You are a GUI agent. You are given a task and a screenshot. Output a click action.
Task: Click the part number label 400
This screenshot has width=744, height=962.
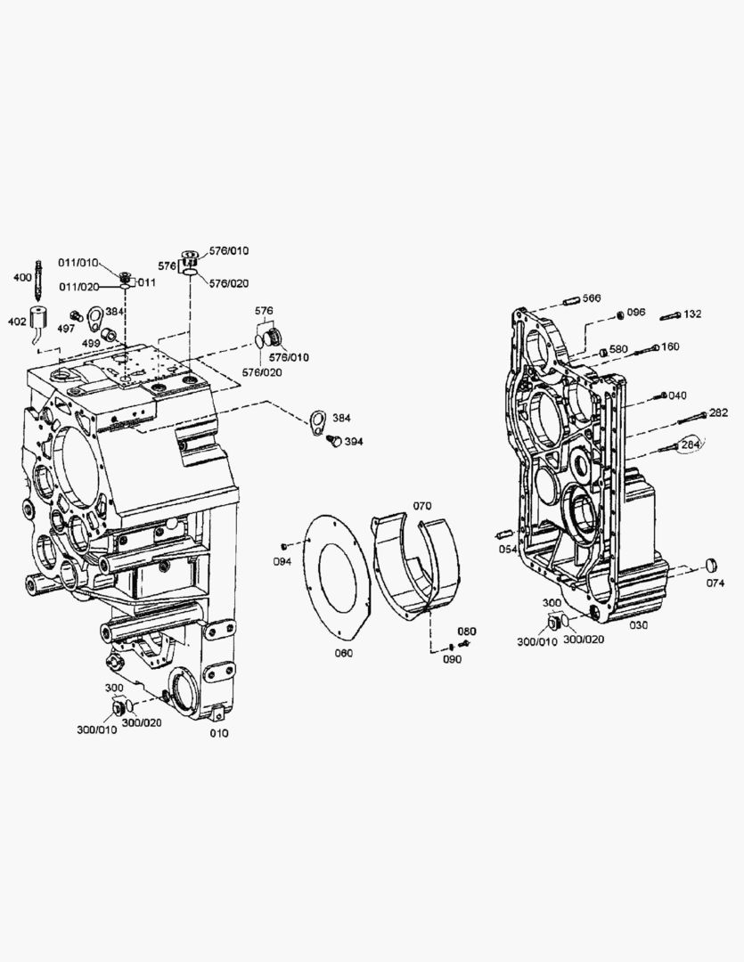[20, 278]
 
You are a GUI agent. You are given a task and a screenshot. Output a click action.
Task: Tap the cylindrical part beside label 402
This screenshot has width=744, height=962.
[39, 317]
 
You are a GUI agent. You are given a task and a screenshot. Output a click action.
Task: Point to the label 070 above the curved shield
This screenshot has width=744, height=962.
[421, 506]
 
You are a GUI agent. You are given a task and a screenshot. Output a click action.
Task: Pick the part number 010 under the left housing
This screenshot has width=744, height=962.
[218, 733]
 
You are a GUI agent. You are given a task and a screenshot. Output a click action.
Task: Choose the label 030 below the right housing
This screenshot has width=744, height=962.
[639, 625]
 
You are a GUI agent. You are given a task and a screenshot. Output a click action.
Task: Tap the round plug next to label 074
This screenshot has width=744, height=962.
[710, 566]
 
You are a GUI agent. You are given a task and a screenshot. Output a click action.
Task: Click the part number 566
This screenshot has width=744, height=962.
[592, 298]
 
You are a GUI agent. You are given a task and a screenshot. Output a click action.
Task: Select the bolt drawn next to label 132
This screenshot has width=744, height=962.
[671, 315]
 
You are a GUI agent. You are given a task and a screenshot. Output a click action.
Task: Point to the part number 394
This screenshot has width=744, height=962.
[354, 441]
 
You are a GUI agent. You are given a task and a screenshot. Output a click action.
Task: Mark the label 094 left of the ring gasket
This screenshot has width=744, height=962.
[282, 561]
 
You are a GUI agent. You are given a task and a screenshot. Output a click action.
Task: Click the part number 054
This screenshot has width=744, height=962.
[508, 550]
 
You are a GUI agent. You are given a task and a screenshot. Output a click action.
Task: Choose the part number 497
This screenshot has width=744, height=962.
[66, 328]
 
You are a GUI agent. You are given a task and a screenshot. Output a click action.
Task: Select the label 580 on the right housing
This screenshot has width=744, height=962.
[618, 348]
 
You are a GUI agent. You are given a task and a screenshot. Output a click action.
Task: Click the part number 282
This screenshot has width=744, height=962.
[718, 412]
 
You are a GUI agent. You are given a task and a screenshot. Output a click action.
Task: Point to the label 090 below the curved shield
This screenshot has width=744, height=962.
[453, 659]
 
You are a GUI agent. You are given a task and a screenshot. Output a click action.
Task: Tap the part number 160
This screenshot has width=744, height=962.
[670, 346]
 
